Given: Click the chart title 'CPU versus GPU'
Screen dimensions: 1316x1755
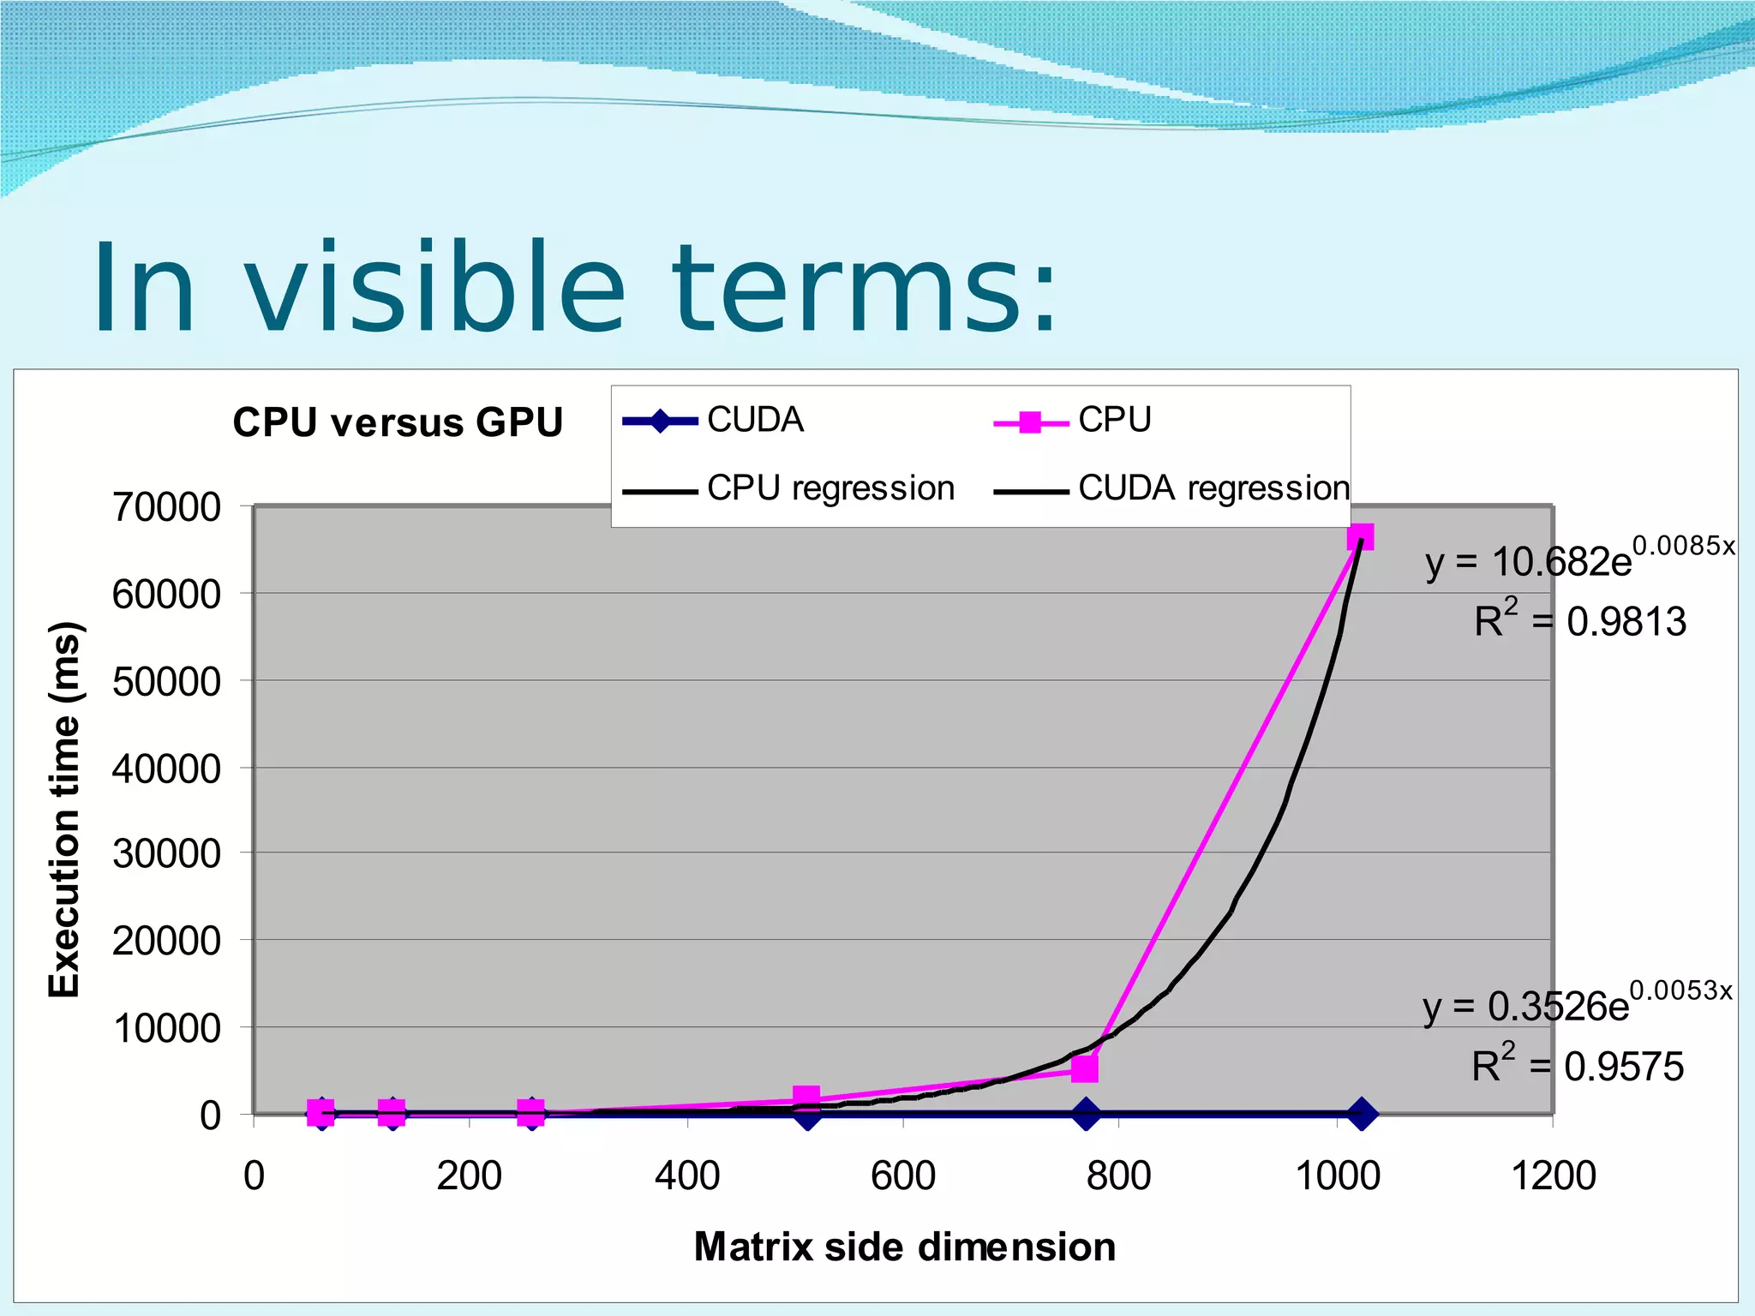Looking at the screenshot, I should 398,422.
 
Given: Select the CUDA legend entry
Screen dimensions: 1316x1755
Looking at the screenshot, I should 713,421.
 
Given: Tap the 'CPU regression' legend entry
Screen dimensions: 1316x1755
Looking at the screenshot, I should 788,489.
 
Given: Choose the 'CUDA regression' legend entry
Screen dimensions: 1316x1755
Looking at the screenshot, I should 1171,489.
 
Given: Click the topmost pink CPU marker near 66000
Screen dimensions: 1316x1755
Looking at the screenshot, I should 1360,537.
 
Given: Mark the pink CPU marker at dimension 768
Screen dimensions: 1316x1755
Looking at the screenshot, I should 1085,1068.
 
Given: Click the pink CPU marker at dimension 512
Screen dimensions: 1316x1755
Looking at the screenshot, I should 806,1098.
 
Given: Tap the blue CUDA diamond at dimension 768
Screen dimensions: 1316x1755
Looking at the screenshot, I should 1087,1115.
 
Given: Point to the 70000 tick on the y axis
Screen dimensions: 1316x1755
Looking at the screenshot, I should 166,507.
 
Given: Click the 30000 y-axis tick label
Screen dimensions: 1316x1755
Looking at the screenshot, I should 166,854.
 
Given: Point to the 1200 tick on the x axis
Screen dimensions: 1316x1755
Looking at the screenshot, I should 1553,1175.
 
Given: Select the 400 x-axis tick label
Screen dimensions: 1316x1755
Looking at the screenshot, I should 687,1175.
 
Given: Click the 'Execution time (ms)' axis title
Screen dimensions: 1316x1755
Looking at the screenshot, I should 64,810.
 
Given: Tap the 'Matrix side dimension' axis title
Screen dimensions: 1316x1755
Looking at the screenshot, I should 904,1247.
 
